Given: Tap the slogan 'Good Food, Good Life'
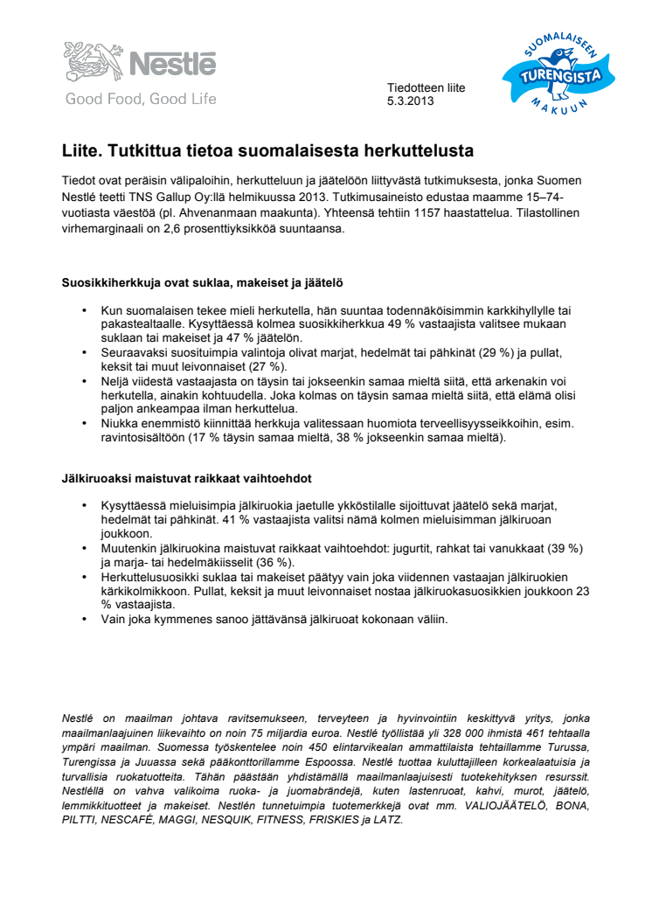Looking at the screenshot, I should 141,99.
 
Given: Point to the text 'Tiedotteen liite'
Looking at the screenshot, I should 426,88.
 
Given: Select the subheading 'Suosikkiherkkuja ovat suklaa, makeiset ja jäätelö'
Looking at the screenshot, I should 202,283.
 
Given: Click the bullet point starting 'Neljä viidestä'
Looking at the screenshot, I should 85,382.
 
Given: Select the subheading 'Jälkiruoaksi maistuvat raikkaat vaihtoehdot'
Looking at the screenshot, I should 187,479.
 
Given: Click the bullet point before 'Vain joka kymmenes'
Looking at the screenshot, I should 85,619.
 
